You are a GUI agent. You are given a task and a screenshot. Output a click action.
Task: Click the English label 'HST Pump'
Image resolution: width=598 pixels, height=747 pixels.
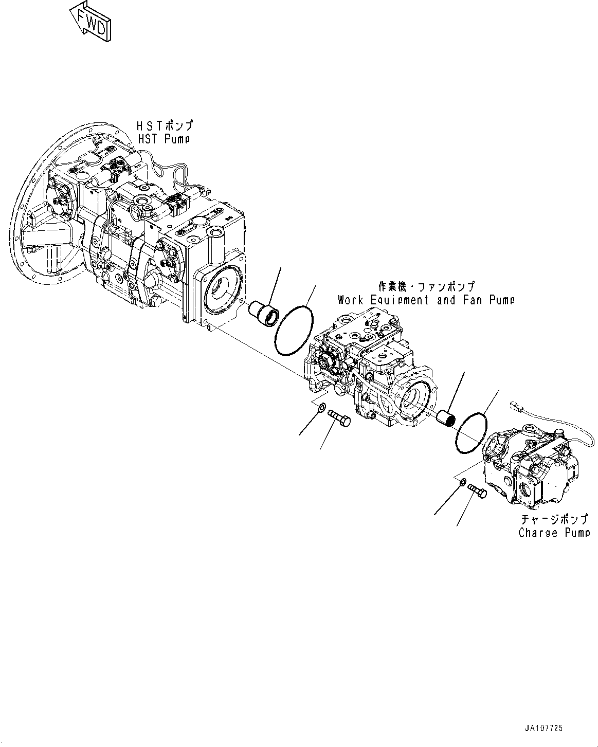164,139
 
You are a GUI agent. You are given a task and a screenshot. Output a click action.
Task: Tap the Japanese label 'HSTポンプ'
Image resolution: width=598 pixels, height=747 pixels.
165,125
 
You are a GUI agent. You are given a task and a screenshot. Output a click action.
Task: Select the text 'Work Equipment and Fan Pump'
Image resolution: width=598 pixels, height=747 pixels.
426,300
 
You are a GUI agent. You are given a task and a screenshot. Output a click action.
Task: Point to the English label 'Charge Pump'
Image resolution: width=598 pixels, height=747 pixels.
554,533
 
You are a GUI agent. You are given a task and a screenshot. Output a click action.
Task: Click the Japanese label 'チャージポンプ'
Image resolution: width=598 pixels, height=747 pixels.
554,520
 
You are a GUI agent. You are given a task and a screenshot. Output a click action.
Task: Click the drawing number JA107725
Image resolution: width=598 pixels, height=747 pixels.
544,728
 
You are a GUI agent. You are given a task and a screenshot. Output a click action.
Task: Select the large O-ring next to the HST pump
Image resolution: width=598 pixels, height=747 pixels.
295,330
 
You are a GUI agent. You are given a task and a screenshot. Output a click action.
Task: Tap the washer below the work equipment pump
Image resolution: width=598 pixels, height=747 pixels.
321,408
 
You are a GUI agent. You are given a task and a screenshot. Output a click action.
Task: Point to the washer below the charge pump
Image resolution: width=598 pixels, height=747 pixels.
462,482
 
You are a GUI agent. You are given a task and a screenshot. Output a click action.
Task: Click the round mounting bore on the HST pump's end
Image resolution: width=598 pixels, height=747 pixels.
223,297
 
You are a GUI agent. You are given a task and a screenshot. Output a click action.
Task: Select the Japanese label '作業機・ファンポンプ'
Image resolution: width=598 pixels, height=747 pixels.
427,286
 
